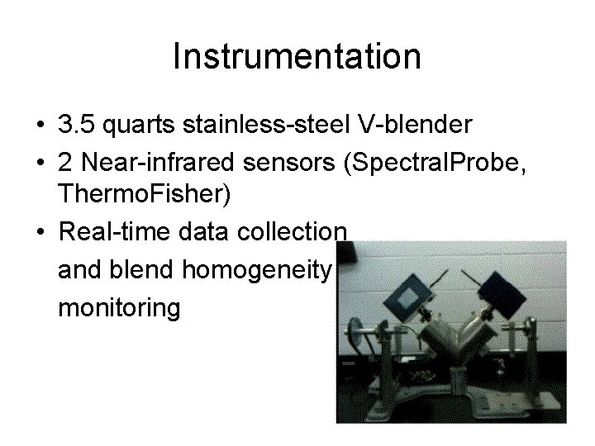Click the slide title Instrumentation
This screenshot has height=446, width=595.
point(297,57)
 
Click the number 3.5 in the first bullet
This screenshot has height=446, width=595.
point(77,125)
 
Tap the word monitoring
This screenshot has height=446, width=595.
point(119,308)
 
